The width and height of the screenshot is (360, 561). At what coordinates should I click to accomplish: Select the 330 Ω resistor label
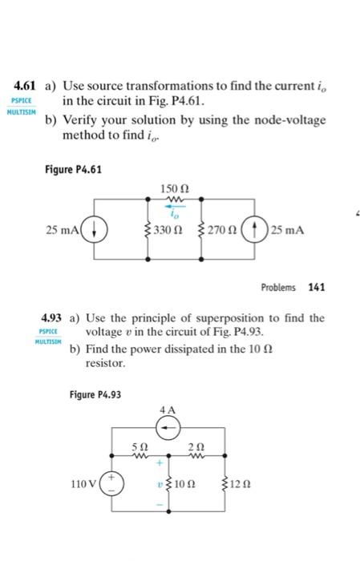tap(168, 231)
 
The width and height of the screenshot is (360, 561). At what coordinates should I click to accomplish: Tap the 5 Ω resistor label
tap(139, 446)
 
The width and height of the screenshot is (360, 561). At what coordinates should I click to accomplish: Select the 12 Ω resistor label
tap(241, 485)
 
